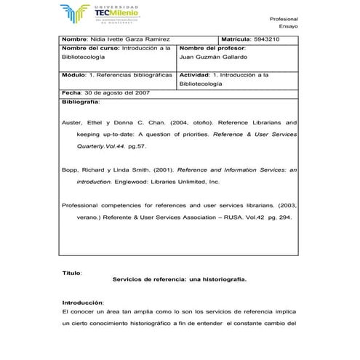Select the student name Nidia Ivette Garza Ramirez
coord(115,39)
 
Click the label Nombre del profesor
coord(210,47)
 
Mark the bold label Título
coord(72,273)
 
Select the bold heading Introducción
coord(84,302)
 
